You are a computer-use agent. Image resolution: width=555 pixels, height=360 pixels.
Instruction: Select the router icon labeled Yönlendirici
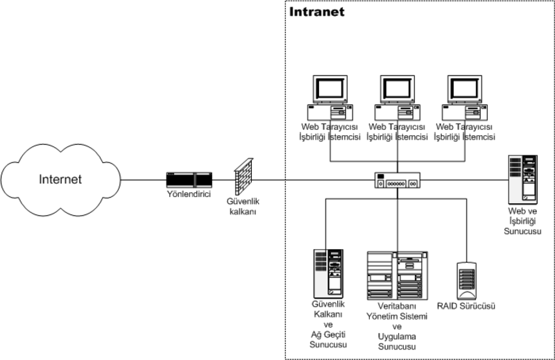pos(189,180)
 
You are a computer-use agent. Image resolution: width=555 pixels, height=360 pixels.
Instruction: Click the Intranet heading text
pos(316,12)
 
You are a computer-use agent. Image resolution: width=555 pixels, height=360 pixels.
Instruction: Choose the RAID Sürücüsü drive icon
pos(466,280)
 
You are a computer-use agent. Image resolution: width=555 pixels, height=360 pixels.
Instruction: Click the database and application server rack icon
pos(397,275)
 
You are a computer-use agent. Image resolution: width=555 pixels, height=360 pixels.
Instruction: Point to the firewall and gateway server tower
pos(328,271)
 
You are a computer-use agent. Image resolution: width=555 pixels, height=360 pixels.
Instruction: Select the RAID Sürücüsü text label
pos(465,305)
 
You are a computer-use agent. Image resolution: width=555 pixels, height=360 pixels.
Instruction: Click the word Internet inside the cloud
pos(59,179)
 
